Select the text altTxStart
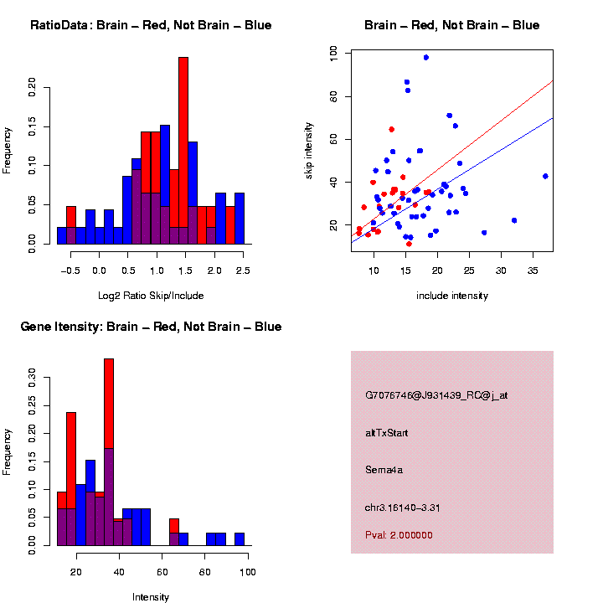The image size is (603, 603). (386, 433)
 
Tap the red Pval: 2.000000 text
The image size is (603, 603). (399, 534)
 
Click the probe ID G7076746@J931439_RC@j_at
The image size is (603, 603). (435, 395)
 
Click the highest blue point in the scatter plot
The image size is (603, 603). (426, 58)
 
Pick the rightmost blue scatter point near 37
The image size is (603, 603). (545, 177)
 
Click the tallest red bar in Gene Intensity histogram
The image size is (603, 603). (109, 452)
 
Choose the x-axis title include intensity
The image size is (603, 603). (452, 296)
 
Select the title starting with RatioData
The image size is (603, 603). (151, 26)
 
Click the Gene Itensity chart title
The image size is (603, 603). (151, 327)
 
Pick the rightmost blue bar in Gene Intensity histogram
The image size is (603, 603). (240, 539)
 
